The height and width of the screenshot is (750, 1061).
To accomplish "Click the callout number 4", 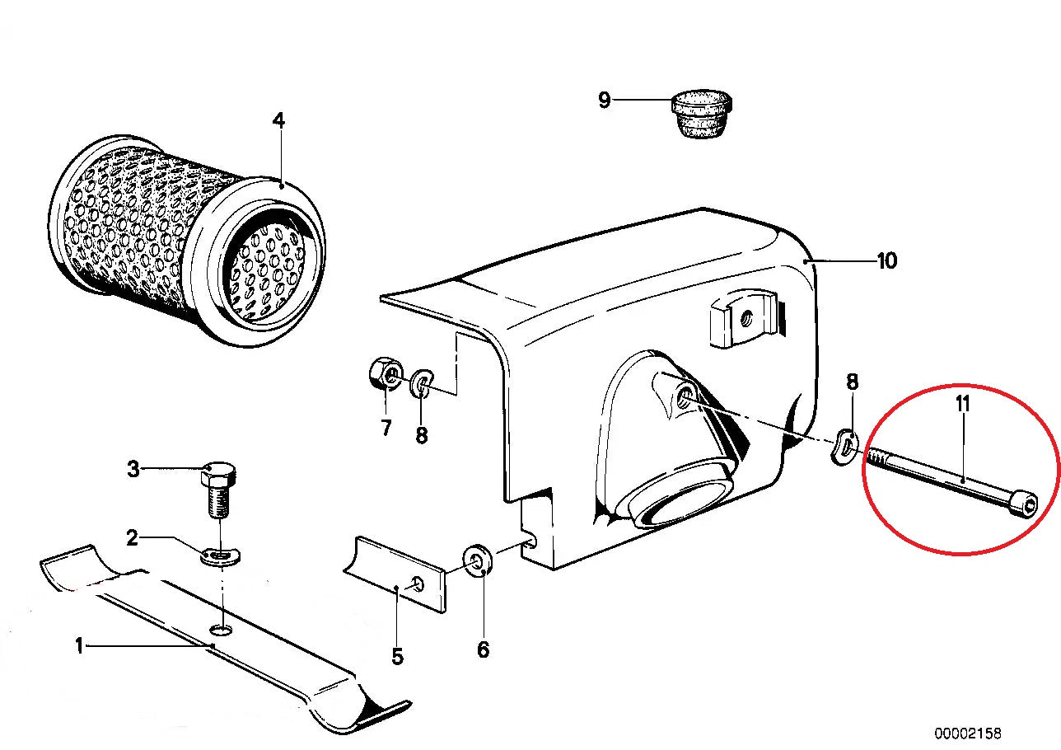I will [x=278, y=121].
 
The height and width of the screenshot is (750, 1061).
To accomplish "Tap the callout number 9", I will [x=605, y=101].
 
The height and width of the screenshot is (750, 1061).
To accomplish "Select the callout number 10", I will [x=886, y=261].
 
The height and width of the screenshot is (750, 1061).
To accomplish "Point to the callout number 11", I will [x=962, y=405].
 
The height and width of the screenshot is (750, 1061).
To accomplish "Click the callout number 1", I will [x=79, y=646].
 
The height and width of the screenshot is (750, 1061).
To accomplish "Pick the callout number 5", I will [x=397, y=657].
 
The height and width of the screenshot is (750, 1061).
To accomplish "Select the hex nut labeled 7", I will [x=384, y=375].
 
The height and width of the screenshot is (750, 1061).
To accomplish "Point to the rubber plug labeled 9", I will [x=702, y=115].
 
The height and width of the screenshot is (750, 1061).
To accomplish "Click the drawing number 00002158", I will [x=967, y=733].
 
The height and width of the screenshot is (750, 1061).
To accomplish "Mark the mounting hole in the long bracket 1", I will [x=220, y=630].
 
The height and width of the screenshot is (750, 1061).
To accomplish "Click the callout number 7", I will [x=386, y=429].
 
